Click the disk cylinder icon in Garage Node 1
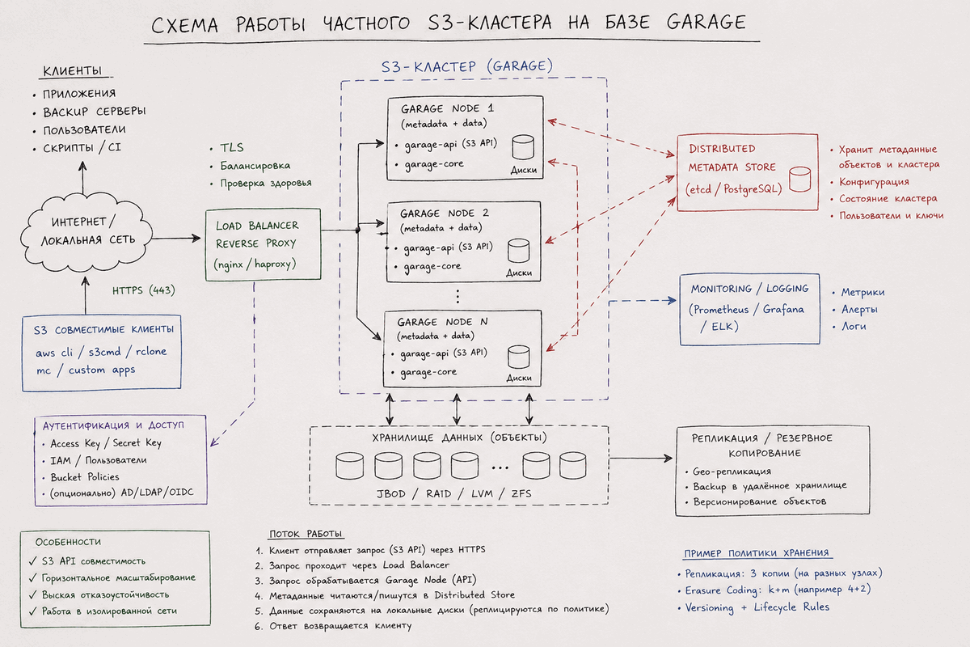(x=523, y=147)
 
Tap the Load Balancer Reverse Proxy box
(x=264, y=245)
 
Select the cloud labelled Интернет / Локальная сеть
(x=86, y=233)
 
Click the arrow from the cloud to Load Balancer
(x=176, y=238)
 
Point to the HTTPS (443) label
(x=144, y=290)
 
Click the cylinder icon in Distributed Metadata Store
(x=799, y=180)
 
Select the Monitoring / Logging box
(x=749, y=309)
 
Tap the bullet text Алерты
(x=859, y=310)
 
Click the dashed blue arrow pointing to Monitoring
(x=642, y=300)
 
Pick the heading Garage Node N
(x=442, y=322)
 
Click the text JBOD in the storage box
(x=391, y=493)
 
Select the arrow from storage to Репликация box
(x=640, y=458)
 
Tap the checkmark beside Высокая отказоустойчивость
(x=33, y=594)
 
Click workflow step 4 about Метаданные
(x=385, y=595)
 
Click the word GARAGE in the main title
(x=706, y=22)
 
